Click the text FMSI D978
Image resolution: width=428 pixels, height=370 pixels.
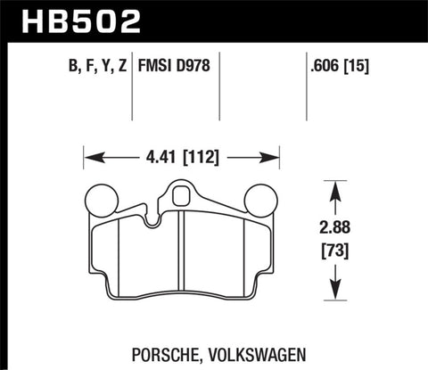175,66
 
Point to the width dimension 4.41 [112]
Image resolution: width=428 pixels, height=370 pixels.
182,161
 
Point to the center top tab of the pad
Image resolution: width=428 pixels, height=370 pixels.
182,193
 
